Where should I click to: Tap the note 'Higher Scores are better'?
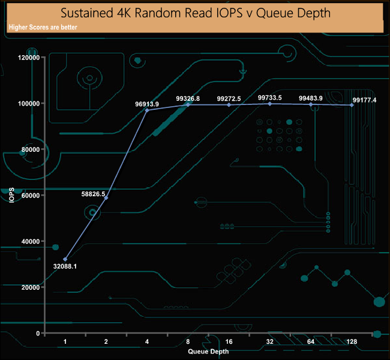[43, 27]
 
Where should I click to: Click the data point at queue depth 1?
[65, 259]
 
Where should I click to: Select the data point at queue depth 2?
[106, 198]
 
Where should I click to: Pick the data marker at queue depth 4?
[147, 110]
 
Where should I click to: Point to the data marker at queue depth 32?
[270, 104]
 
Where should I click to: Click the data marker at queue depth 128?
[352, 105]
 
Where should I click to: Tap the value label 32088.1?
[65, 266]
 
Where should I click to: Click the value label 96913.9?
[147, 104]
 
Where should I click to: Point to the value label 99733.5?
[270, 97]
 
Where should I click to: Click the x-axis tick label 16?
[229, 341]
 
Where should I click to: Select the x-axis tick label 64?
[311, 341]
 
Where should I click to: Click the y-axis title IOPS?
[11, 195]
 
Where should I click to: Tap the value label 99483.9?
[311, 98]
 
